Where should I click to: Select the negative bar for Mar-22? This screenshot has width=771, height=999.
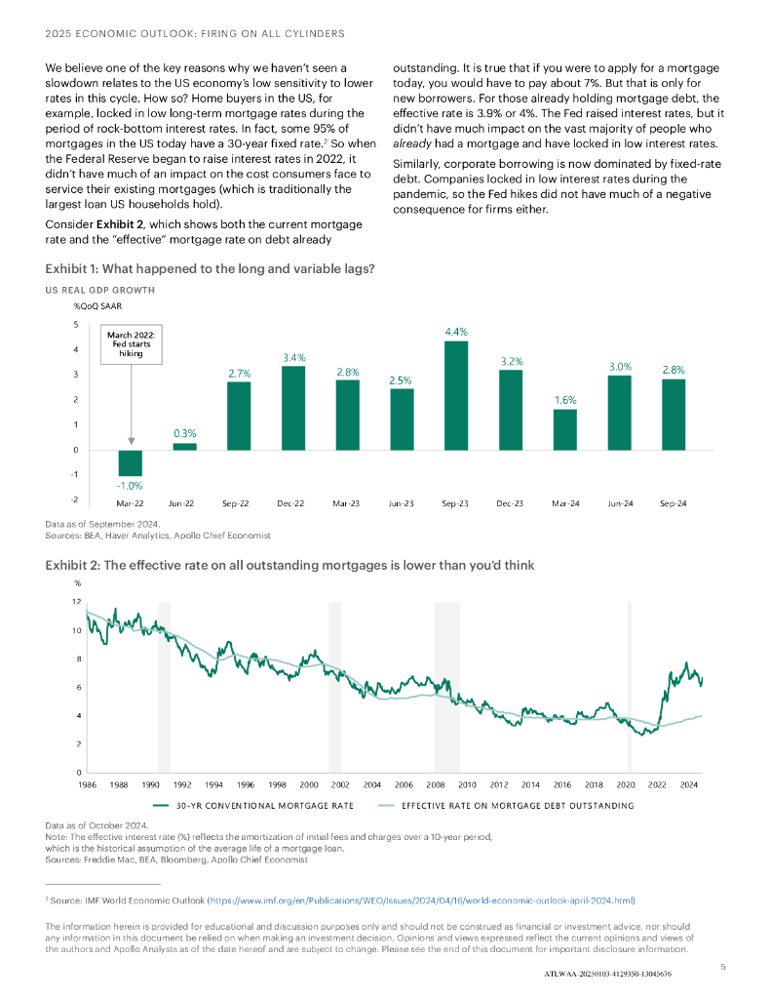pyautogui.click(x=131, y=462)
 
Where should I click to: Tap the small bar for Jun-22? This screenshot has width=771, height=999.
pyautogui.click(x=184, y=446)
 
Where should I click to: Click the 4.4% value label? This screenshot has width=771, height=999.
pyautogui.click(x=455, y=333)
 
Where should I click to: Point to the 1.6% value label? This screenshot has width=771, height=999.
pyautogui.click(x=564, y=400)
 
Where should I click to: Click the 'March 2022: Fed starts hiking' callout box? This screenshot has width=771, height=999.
pyautogui.click(x=132, y=344)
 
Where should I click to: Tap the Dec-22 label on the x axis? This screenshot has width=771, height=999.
pyautogui.click(x=293, y=503)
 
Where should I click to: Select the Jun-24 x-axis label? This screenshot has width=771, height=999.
pyautogui.click(x=619, y=503)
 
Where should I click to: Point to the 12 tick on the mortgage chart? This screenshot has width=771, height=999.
pyautogui.click(x=76, y=602)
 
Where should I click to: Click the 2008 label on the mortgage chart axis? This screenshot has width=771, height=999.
pyautogui.click(x=435, y=784)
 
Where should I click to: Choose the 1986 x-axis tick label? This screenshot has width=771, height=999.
pyautogui.click(x=87, y=784)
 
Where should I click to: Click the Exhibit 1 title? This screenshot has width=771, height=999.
pyautogui.click(x=211, y=268)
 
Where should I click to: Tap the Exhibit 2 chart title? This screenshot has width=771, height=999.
pyautogui.click(x=289, y=565)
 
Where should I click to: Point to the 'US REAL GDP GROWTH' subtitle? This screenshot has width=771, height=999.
pyautogui.click(x=99, y=291)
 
